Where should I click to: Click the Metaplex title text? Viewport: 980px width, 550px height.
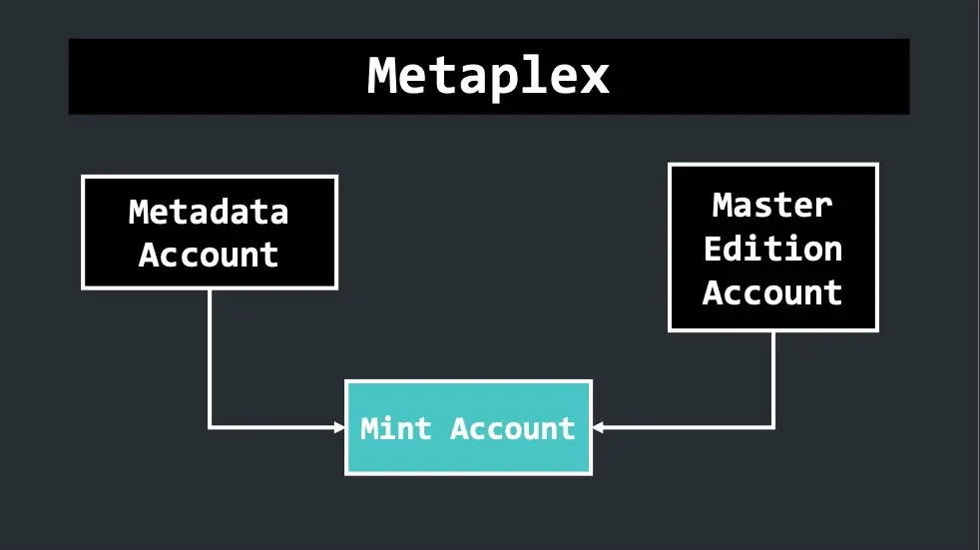pos(488,76)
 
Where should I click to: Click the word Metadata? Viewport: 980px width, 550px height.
pos(209,212)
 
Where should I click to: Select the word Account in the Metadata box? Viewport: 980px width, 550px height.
pos(209,255)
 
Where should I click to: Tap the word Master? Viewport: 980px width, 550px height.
pos(772,205)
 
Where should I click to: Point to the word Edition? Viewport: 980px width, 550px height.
pos(773,249)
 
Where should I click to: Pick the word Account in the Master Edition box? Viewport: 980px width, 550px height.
pos(772,291)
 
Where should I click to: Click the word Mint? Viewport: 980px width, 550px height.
pos(395,428)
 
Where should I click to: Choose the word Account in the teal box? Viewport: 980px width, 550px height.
pos(513,429)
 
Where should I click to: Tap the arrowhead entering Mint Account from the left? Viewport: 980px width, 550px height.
pos(340,427)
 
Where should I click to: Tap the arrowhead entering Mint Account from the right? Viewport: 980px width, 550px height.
pos(598,427)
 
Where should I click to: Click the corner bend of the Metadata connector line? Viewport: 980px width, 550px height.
pos(210,427)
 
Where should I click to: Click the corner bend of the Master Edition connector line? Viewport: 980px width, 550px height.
pos(773,427)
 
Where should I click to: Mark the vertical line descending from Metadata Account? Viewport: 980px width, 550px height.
pos(210,358)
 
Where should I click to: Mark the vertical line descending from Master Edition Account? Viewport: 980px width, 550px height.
pos(773,379)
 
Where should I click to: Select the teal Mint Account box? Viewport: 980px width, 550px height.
pos(469,427)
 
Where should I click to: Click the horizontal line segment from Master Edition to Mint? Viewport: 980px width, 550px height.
pos(684,427)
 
